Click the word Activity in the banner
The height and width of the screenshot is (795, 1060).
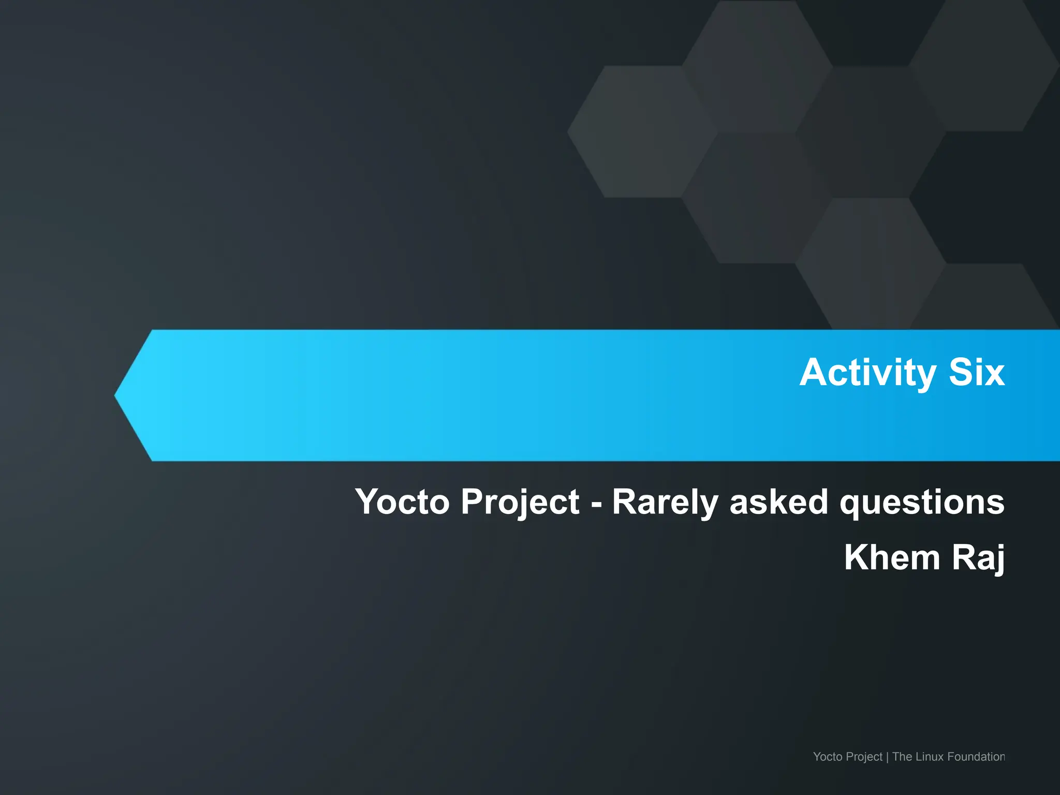[x=867, y=373]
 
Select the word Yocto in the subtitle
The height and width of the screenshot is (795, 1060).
[x=402, y=502]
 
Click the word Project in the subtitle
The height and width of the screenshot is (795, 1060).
[x=520, y=502]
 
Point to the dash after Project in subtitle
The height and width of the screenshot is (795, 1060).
[x=596, y=504]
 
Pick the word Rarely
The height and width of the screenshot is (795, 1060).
[x=665, y=502]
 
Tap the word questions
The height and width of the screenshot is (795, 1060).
[x=922, y=502]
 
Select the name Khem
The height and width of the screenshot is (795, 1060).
[x=892, y=557]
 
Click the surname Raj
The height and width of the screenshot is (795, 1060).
[x=978, y=557]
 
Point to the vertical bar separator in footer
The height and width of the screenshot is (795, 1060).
[x=887, y=757]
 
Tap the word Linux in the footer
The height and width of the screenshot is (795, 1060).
[x=930, y=757]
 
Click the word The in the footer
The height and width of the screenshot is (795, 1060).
[x=902, y=757]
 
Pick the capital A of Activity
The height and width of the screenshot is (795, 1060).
[x=813, y=373]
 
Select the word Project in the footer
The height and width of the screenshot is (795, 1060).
[x=864, y=757]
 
